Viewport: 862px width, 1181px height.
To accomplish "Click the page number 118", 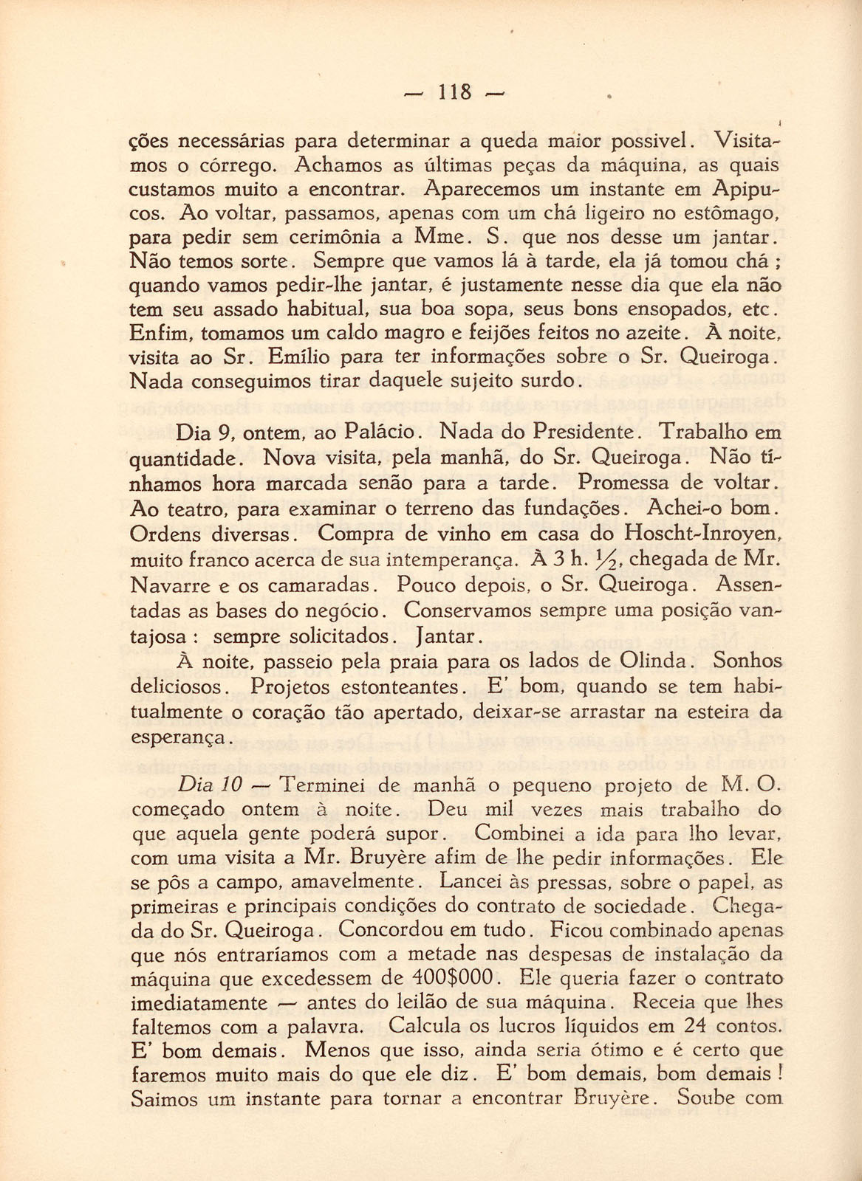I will (454, 92).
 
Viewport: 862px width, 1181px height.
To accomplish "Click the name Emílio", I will (300, 357).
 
